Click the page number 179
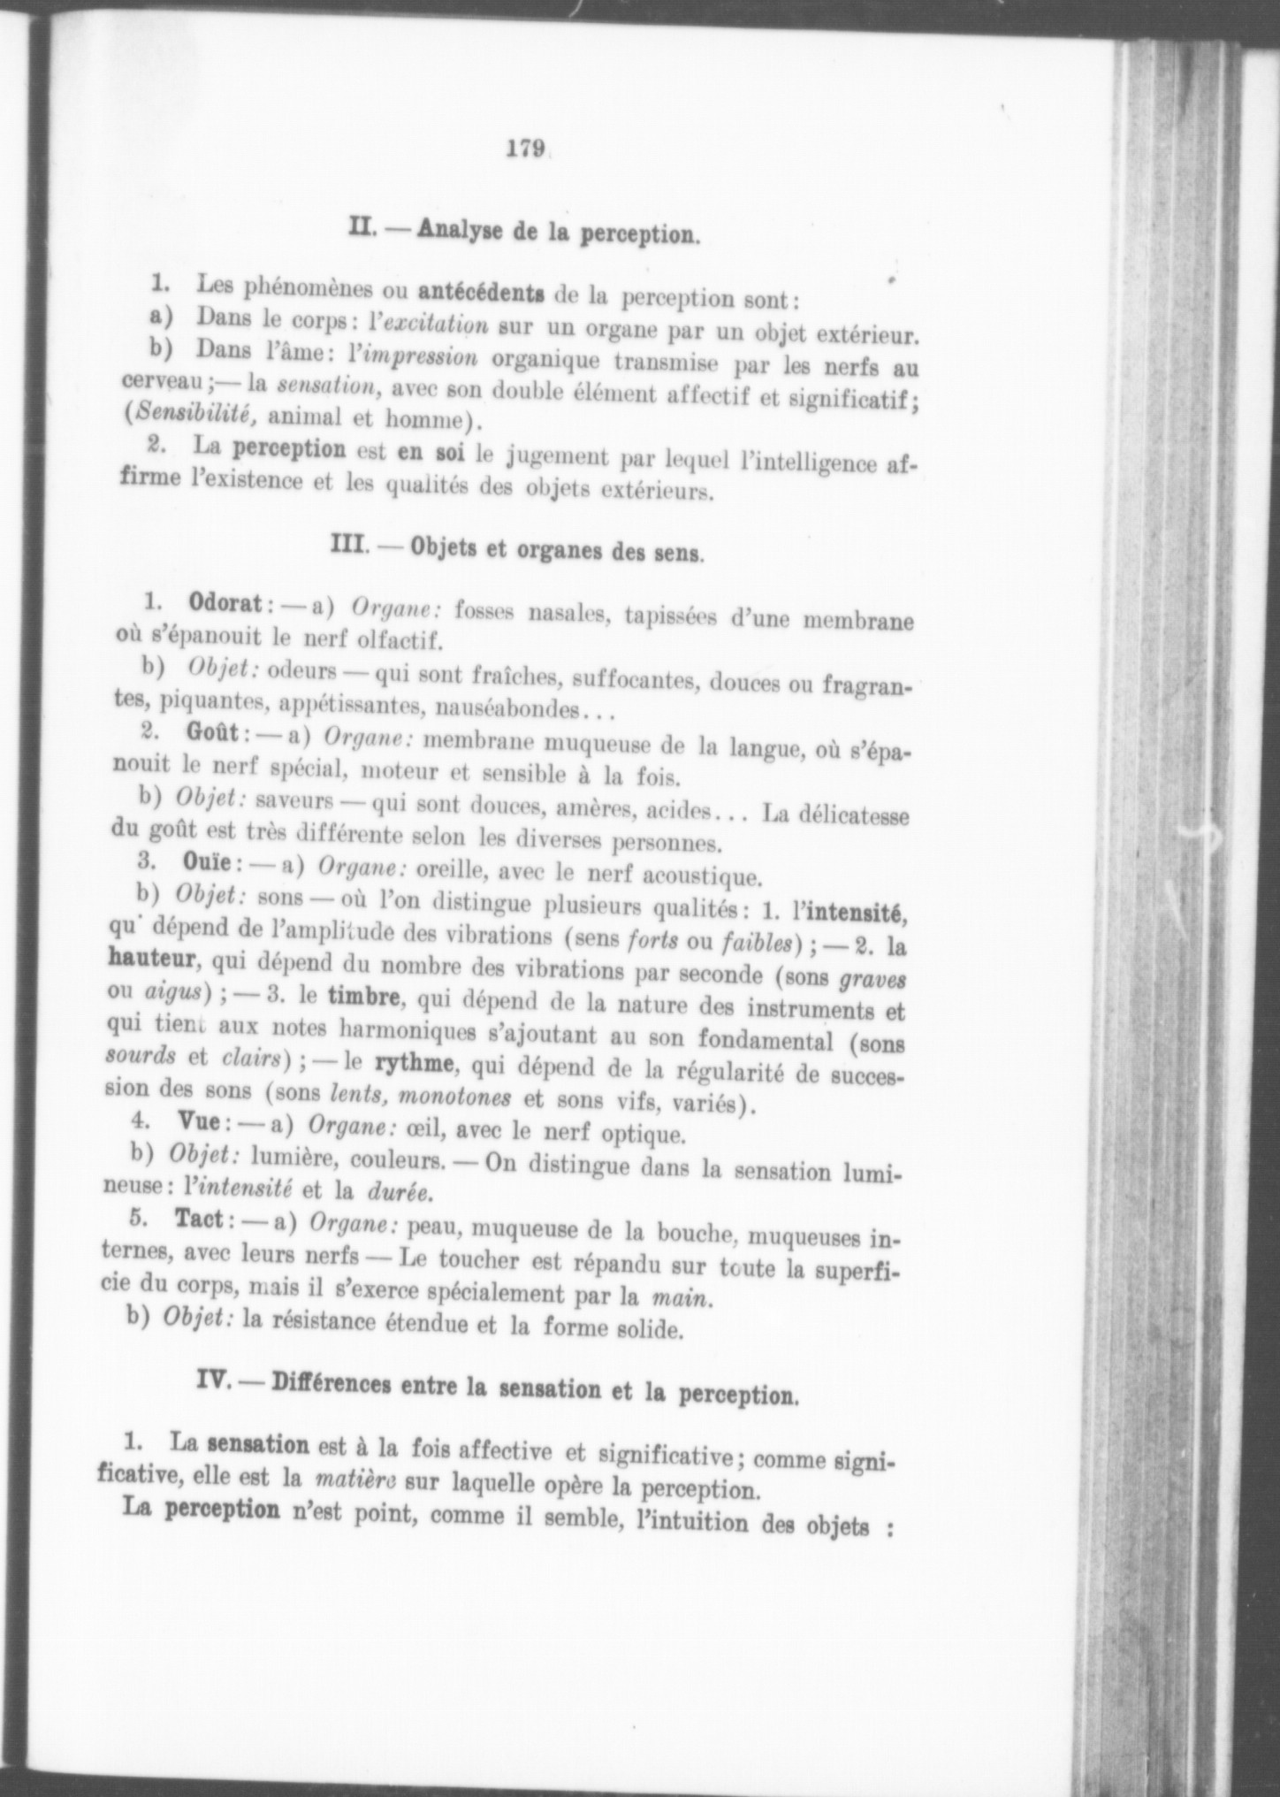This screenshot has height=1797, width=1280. point(525,149)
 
